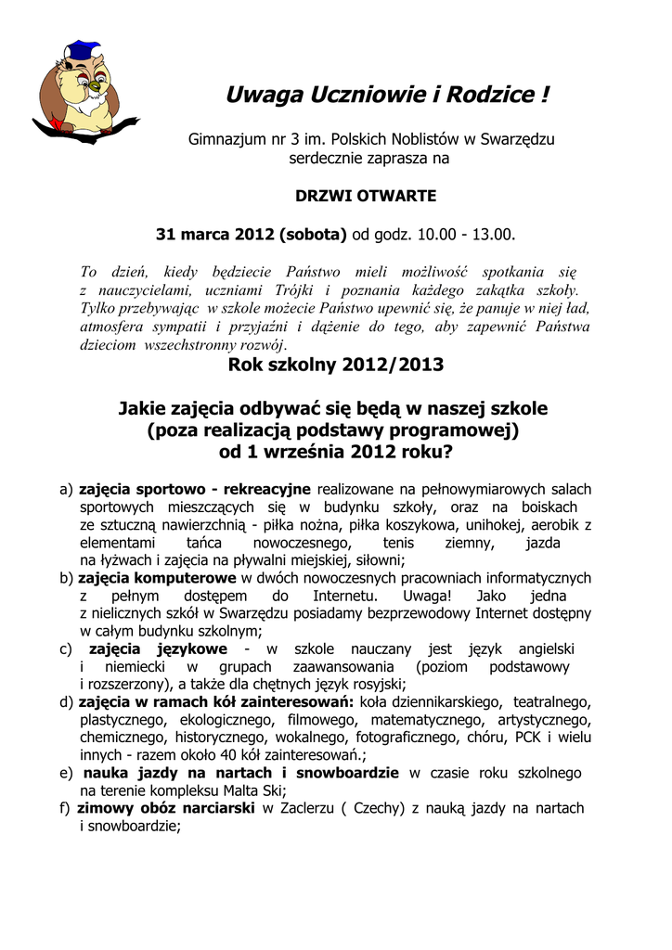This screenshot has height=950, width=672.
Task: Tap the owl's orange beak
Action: pos(94,87)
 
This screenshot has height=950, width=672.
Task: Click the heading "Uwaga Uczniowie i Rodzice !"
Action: pos(388,95)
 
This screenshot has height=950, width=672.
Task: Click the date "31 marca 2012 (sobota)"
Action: pos(251,234)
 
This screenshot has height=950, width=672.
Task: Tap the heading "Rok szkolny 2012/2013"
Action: pos(336,365)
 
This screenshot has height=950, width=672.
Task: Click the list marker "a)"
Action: pos(66,489)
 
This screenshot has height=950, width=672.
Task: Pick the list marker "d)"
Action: pos(66,701)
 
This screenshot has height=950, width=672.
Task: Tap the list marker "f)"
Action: pos(65,808)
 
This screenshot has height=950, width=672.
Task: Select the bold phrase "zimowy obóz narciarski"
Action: pos(168,808)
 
